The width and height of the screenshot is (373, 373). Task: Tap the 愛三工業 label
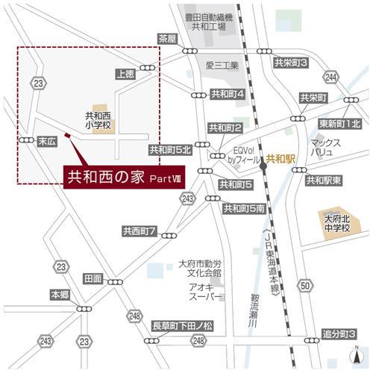click(x=223, y=66)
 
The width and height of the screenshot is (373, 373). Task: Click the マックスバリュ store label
click(x=326, y=147)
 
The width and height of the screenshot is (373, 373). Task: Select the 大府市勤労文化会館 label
click(x=201, y=269)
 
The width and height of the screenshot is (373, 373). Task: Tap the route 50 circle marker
click(x=305, y=286)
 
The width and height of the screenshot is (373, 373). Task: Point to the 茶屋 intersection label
click(x=167, y=39)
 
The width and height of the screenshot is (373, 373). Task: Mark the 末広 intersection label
click(x=48, y=140)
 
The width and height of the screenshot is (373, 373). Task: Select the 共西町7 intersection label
click(x=140, y=233)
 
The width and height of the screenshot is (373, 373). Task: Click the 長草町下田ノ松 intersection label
click(x=183, y=327)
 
